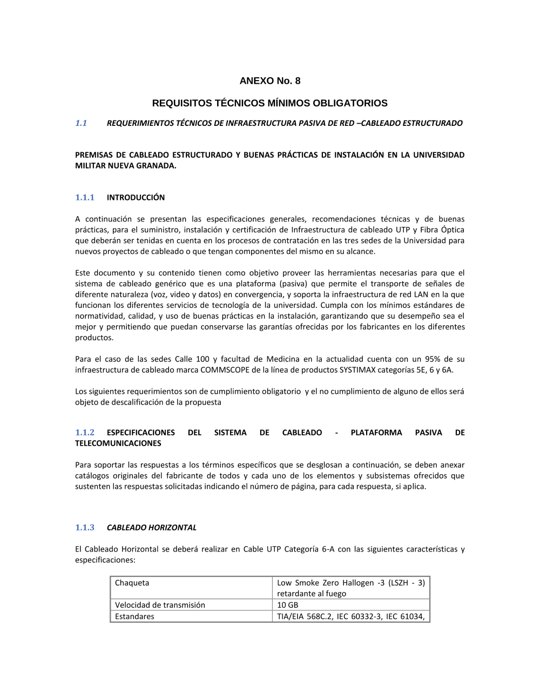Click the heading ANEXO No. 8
click(x=270, y=81)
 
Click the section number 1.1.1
click(x=85, y=198)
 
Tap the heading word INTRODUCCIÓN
click(x=136, y=198)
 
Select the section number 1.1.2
click(x=85, y=433)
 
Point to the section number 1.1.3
click(x=85, y=528)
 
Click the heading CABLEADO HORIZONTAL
click(x=152, y=528)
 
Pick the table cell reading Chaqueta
click(x=132, y=583)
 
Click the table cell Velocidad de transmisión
click(x=160, y=605)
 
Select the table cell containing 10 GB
click(x=288, y=605)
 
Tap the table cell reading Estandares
click(x=134, y=616)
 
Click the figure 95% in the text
click(x=433, y=359)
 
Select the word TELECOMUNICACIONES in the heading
click(x=118, y=443)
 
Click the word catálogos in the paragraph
click(x=92, y=476)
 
